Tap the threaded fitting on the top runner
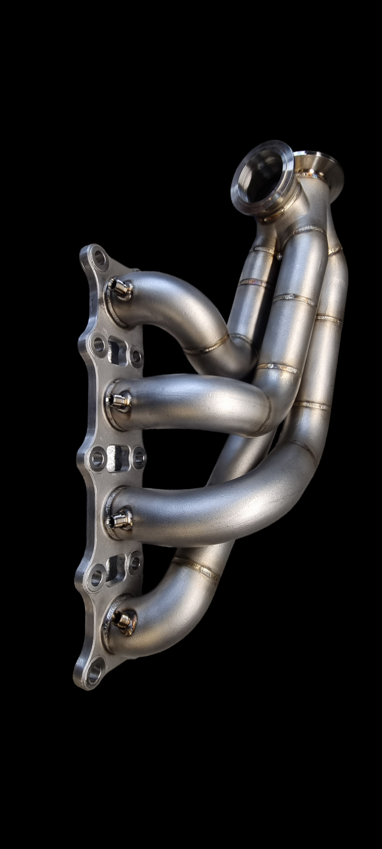(x=118, y=288)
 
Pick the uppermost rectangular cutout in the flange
(x=115, y=349)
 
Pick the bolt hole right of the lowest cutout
(x=135, y=562)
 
